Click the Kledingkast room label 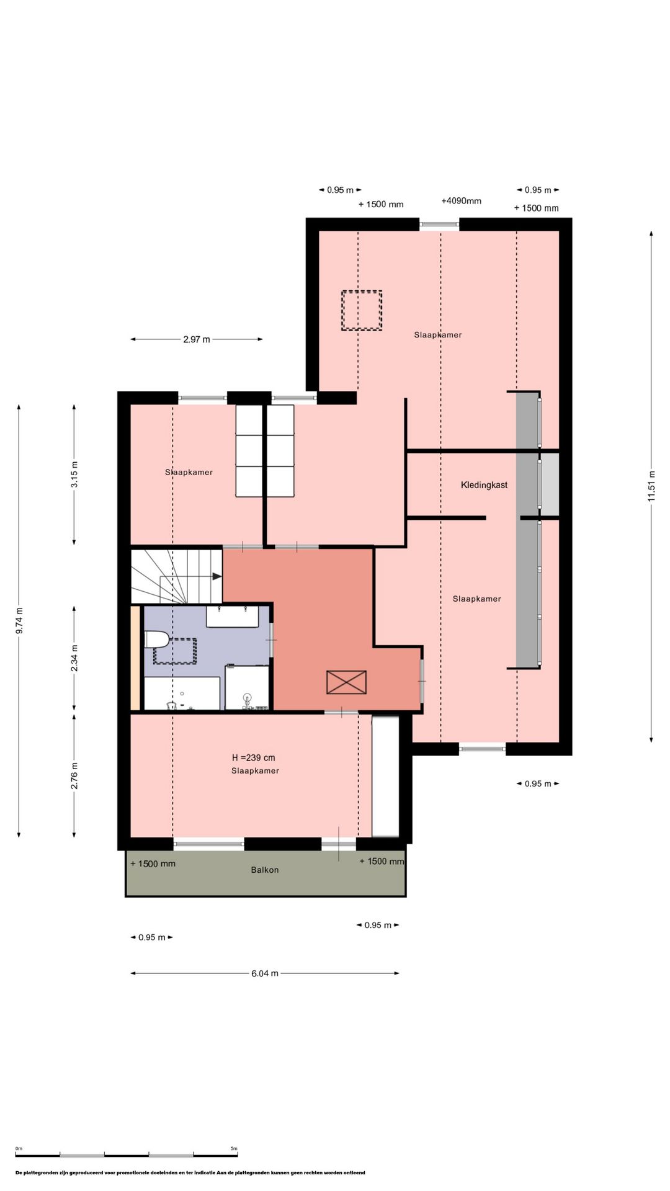pyautogui.click(x=484, y=485)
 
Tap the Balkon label pyautogui.click(x=265, y=870)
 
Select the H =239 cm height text pyautogui.click(x=253, y=757)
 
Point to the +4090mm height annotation pyautogui.click(x=461, y=201)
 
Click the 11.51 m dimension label pyautogui.click(x=651, y=486)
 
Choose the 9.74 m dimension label pyautogui.click(x=19, y=620)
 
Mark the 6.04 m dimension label pyautogui.click(x=265, y=973)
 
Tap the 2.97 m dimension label pyautogui.click(x=197, y=339)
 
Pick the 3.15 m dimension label pyautogui.click(x=74, y=475)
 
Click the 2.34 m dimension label pyautogui.click(x=74, y=658)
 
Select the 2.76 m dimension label pyautogui.click(x=74, y=776)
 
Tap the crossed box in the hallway pyautogui.click(x=346, y=682)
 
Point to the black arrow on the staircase pyautogui.click(x=217, y=576)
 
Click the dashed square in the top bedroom pyautogui.click(x=362, y=311)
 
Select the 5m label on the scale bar pyautogui.click(x=234, y=1148)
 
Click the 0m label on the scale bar pyautogui.click(x=19, y=1148)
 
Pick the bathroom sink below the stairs pyautogui.click(x=233, y=617)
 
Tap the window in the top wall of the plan pyautogui.click(x=439, y=224)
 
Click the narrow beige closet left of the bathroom pyautogui.click(x=136, y=658)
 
